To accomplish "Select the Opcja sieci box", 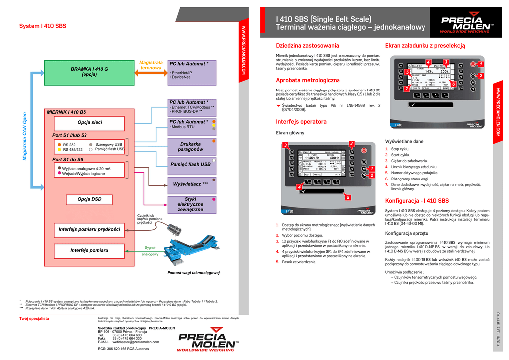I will pos(89,122).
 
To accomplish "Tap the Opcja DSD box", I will pos(89,199).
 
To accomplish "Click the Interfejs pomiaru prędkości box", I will pos(89,229).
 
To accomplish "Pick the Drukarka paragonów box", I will pos(190,146).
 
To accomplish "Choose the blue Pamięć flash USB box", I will pos(190,164).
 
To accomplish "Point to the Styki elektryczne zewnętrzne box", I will pos(190,204).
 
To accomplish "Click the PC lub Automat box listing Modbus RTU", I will pos(191,124).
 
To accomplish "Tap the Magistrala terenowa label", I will pos(151,65).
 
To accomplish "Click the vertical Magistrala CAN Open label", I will pos(24,136).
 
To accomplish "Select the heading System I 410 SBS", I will pos(42,26).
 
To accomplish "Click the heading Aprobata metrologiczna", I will pos(308,80).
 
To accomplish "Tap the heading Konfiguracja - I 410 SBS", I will pos(417,201).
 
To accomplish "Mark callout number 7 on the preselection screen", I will pos(406,89).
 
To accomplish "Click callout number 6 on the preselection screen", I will pos(453,85).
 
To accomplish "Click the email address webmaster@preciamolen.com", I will pos(136,342).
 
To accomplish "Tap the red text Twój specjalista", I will pos(34,319).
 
